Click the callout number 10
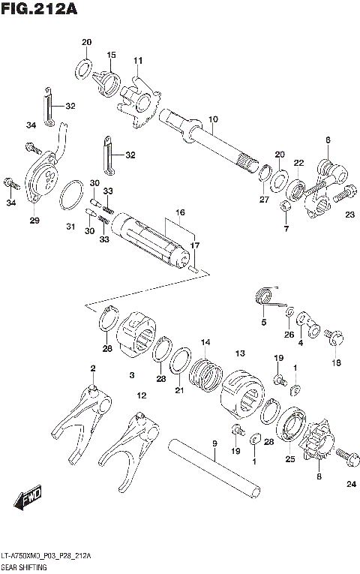[213, 119]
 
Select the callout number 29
[34, 220]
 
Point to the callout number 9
[214, 444]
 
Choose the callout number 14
[204, 343]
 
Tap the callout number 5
[263, 323]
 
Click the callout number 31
[71, 227]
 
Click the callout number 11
[138, 60]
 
